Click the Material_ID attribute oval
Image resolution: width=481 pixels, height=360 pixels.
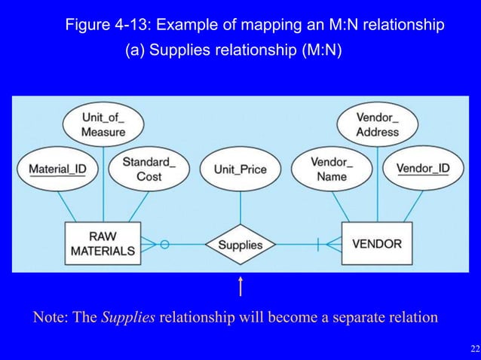click(57, 169)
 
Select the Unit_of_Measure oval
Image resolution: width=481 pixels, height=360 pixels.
click(104, 125)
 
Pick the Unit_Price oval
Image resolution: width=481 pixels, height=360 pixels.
click(240, 169)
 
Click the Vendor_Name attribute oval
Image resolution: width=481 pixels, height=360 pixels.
click(332, 169)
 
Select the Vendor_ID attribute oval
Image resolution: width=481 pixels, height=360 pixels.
click(423, 169)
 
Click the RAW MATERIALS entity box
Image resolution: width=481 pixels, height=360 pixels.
click(103, 243)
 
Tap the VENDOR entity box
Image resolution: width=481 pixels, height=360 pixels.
click(377, 244)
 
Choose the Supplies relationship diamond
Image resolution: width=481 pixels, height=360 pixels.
click(240, 245)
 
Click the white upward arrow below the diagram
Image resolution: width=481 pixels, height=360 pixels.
click(240, 287)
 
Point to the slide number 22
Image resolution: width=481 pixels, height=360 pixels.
click(473, 348)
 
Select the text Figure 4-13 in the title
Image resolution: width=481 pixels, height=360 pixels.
click(109, 26)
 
